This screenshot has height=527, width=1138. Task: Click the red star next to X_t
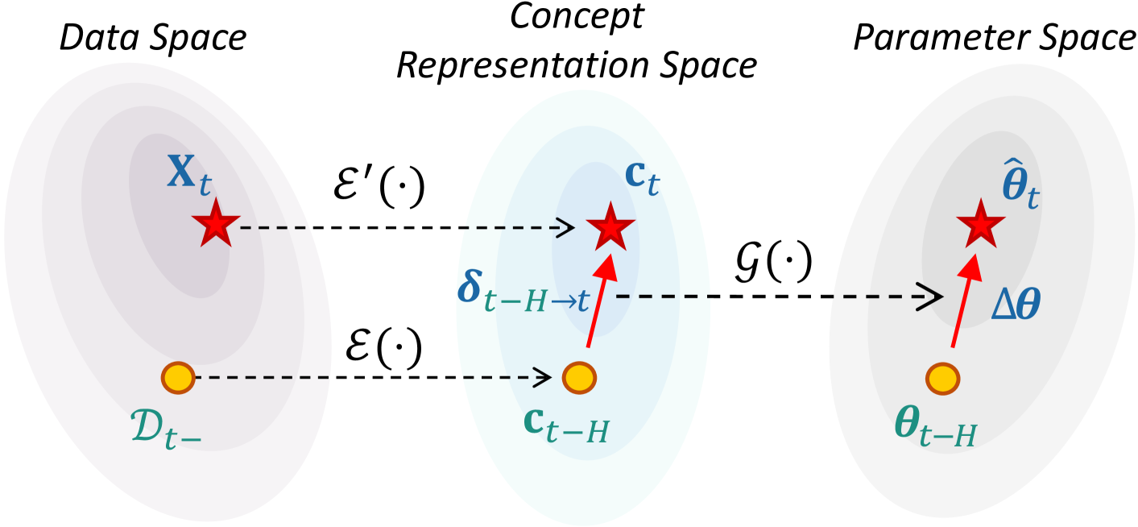point(212,227)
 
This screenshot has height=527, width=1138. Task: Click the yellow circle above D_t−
point(178,376)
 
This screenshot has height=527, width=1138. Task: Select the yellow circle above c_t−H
point(577,376)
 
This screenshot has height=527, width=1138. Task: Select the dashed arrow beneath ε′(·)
point(403,228)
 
